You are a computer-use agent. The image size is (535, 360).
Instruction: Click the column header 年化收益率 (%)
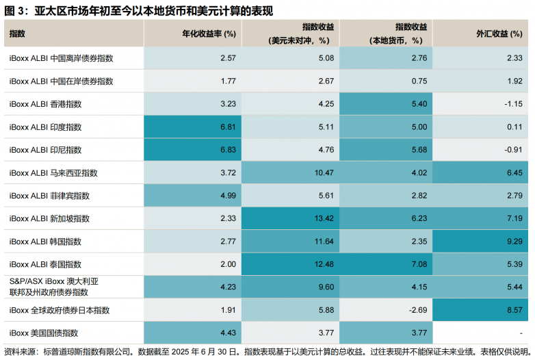(209, 33)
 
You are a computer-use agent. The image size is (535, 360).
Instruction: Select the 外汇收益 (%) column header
(499, 33)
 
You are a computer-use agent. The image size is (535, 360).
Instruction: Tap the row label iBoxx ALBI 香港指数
(46, 104)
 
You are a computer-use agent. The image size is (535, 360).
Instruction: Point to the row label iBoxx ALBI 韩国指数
(46, 242)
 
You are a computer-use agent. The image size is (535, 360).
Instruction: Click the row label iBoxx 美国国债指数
(44, 333)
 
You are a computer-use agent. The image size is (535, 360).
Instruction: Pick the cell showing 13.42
(324, 219)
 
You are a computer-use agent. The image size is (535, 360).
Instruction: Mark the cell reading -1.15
(512, 104)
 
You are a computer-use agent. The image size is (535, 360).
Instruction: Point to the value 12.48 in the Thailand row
(324, 264)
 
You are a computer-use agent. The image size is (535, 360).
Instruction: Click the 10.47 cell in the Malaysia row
(324, 173)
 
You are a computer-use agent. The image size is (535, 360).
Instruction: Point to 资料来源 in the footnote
(18, 352)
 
